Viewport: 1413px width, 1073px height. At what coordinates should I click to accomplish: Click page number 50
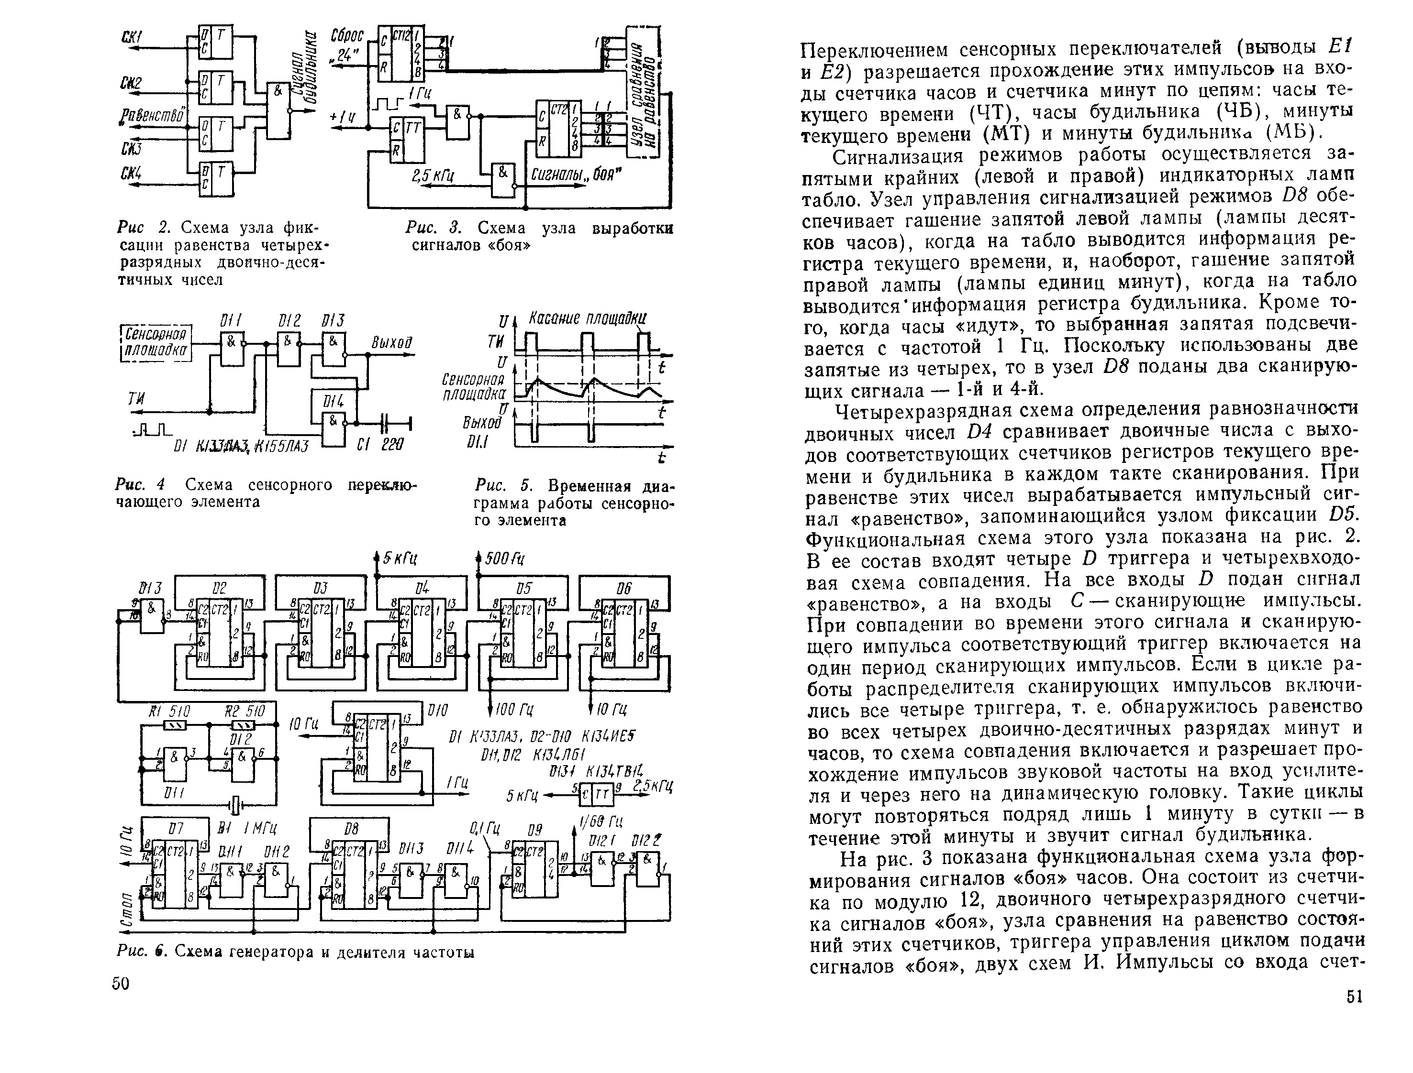(120, 984)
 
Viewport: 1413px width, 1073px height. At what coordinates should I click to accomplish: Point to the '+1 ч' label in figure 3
(343, 118)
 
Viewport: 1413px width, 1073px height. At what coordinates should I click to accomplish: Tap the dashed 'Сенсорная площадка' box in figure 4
(156, 343)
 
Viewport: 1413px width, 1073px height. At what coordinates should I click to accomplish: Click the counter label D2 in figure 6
(219, 587)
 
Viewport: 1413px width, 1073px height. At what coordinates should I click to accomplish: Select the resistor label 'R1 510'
(169, 711)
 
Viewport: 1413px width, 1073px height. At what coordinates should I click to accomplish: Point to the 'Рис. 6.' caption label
(142, 953)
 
